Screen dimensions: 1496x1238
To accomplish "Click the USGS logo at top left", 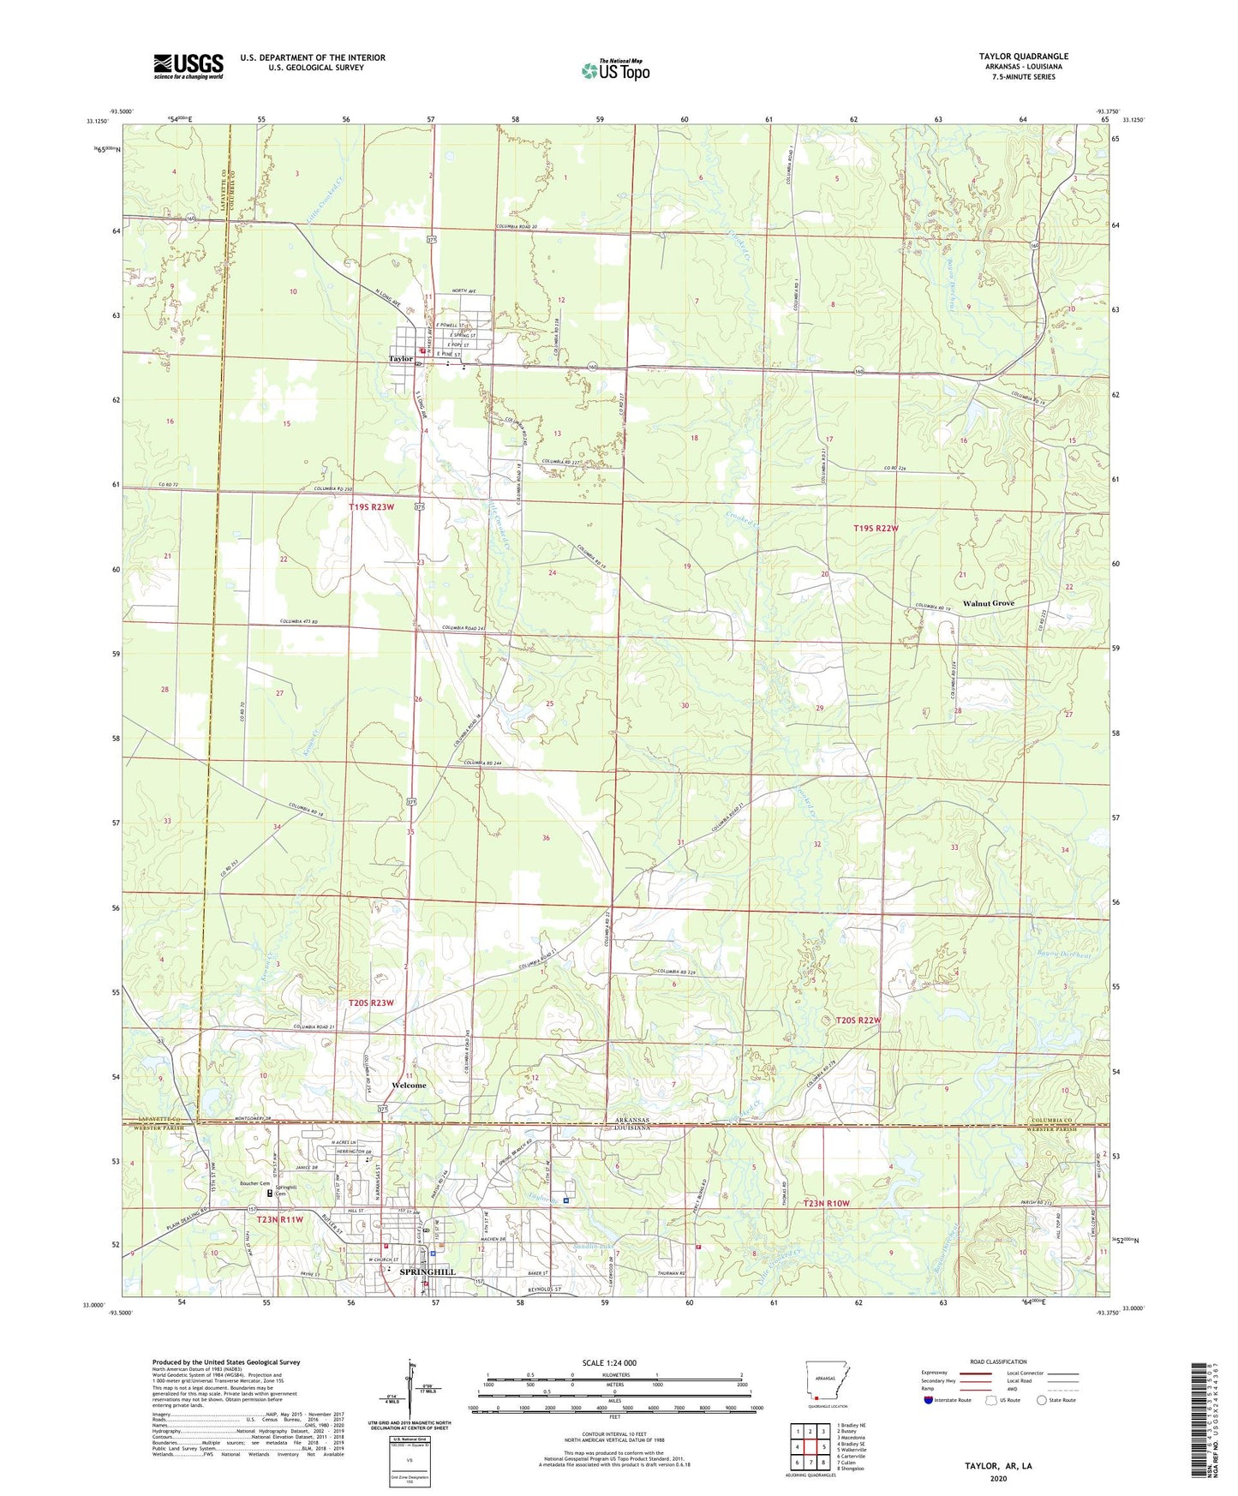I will pyautogui.click(x=188, y=66).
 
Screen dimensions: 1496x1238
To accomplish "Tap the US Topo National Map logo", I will pyautogui.click(x=615, y=70).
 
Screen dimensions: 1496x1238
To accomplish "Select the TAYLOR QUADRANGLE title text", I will pyautogui.click(x=1023, y=57).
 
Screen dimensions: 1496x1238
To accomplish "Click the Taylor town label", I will pyautogui.click(x=400, y=359).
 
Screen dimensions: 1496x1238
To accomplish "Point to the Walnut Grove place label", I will pyautogui.click(x=988, y=603).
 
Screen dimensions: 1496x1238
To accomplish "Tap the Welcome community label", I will pyautogui.click(x=408, y=1086).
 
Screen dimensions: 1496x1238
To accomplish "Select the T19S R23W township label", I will pyautogui.click(x=371, y=507).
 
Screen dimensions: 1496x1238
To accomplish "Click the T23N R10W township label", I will pyautogui.click(x=826, y=1204).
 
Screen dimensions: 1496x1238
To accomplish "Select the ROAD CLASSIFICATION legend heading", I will pyautogui.click(x=998, y=1361).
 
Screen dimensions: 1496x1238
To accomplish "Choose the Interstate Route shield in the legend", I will pyautogui.click(x=929, y=1400).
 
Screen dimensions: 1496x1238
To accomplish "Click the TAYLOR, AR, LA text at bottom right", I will pyautogui.click(x=998, y=1466).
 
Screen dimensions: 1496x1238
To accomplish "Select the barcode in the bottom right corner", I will pyautogui.click(x=1201, y=1431).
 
